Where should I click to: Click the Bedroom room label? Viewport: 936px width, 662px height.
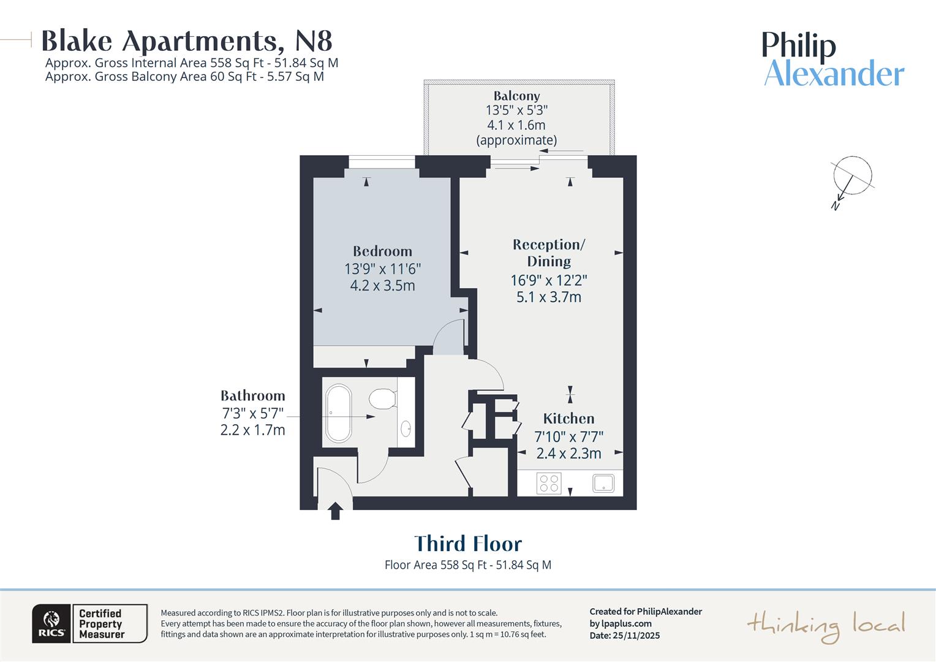[382, 251]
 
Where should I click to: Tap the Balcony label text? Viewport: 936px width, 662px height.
[516, 96]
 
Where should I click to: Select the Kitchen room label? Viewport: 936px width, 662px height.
[568, 419]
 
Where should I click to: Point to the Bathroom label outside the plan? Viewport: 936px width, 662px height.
[252, 396]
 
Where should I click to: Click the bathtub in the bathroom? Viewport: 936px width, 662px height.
[338, 413]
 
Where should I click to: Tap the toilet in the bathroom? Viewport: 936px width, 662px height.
[383, 399]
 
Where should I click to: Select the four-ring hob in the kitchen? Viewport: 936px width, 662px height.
[548, 483]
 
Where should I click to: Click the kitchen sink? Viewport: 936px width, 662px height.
[603, 483]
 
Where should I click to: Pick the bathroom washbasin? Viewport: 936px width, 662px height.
[406, 428]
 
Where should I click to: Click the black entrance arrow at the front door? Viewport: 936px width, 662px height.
[335, 511]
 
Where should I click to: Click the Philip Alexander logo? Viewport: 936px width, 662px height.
[833, 59]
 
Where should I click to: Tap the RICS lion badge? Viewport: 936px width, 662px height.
[51, 623]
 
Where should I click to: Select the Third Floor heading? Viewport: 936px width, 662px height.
[468, 544]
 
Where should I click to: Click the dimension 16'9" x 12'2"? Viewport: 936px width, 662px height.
[549, 280]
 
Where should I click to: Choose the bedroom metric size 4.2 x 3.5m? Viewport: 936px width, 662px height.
[382, 286]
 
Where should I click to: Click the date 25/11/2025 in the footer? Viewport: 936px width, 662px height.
[636, 636]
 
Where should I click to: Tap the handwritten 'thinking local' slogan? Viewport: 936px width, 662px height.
[825, 626]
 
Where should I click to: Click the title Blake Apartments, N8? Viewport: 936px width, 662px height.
[187, 41]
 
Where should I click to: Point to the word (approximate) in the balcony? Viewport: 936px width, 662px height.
[516, 140]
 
